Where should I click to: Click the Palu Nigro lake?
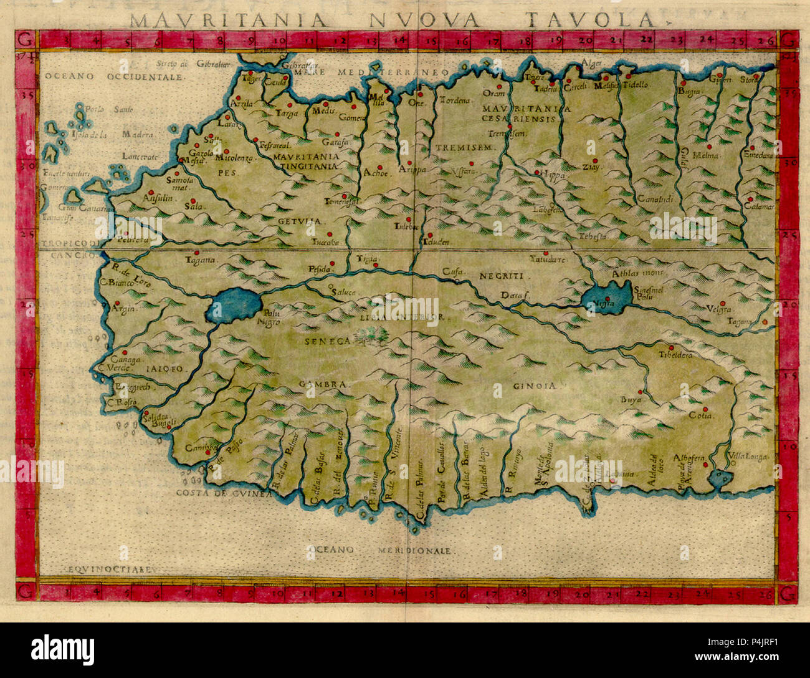pyautogui.click(x=234, y=305)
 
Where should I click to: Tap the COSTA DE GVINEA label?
pyautogui.click(x=224, y=493)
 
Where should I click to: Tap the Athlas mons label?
pyautogui.click(x=630, y=273)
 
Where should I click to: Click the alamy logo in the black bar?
pyautogui.click(x=64, y=649)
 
